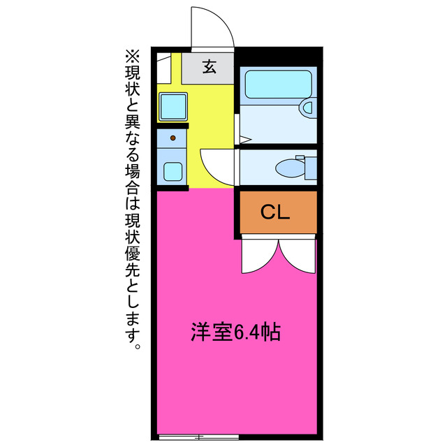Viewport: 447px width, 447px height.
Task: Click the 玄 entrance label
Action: click(209, 67)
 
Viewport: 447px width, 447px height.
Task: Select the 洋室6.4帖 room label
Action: click(237, 332)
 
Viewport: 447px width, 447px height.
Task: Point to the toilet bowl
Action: click(288, 168)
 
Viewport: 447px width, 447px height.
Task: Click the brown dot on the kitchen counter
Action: click(172, 138)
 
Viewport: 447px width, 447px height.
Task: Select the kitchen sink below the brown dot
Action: click(172, 170)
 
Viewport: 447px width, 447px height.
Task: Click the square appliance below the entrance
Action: click(172, 107)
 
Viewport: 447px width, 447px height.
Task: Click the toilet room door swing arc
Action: click(217, 168)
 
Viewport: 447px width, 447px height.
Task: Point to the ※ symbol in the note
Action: click(132, 54)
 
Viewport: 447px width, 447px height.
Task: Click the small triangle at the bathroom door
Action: click(244, 140)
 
